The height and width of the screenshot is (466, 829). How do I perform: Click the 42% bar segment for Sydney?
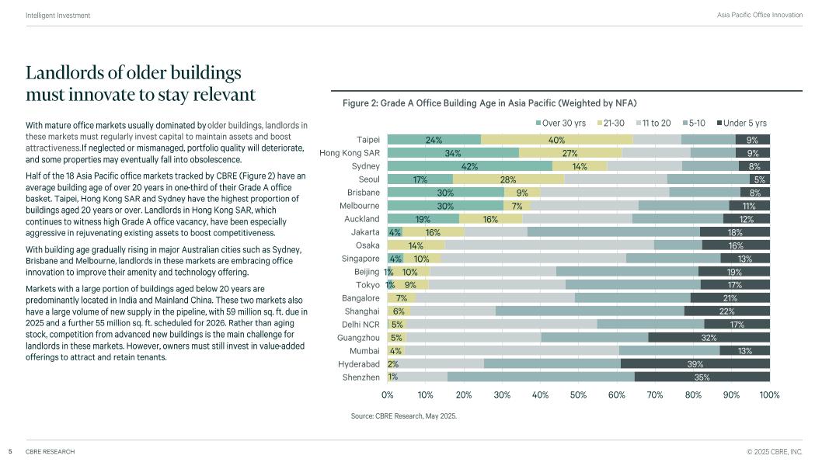click(469, 166)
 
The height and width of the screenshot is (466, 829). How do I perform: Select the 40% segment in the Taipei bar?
click(556, 140)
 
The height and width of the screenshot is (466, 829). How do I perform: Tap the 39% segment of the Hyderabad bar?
click(695, 363)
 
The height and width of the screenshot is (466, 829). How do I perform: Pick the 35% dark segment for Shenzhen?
click(702, 377)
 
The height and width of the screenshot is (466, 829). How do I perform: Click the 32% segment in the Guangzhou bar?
click(709, 338)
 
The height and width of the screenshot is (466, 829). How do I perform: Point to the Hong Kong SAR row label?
click(350, 153)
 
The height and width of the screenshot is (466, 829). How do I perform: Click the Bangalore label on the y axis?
click(361, 298)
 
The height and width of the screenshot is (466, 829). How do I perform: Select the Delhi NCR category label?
click(361, 325)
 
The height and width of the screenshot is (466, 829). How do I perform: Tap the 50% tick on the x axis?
click(578, 395)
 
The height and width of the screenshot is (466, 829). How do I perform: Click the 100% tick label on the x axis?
click(769, 395)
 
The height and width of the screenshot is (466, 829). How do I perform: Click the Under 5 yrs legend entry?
click(741, 123)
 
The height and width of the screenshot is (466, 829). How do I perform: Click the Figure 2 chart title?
click(489, 103)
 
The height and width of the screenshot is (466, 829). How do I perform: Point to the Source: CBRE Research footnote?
click(404, 416)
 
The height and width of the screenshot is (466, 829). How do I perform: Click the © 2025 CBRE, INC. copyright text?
click(775, 451)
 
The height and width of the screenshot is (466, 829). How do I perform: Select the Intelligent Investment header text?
click(57, 16)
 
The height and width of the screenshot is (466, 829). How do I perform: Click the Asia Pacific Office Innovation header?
click(759, 16)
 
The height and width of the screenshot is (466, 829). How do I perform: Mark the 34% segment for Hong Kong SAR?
click(453, 153)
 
